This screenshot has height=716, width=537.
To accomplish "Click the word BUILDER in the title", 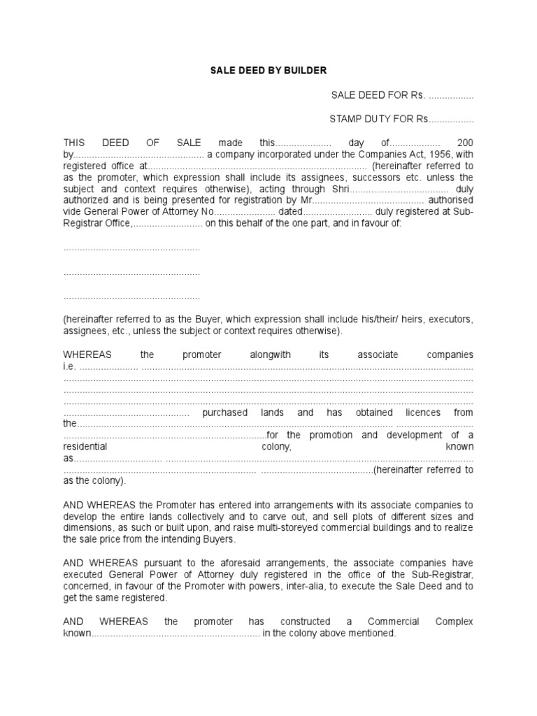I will point(303,71).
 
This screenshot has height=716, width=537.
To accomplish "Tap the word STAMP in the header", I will point(345,119).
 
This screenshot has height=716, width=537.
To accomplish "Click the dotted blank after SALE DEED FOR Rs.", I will point(451,95).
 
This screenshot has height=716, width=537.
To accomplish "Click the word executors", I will point(447,319).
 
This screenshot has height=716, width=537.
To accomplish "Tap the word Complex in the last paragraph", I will point(454,622).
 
